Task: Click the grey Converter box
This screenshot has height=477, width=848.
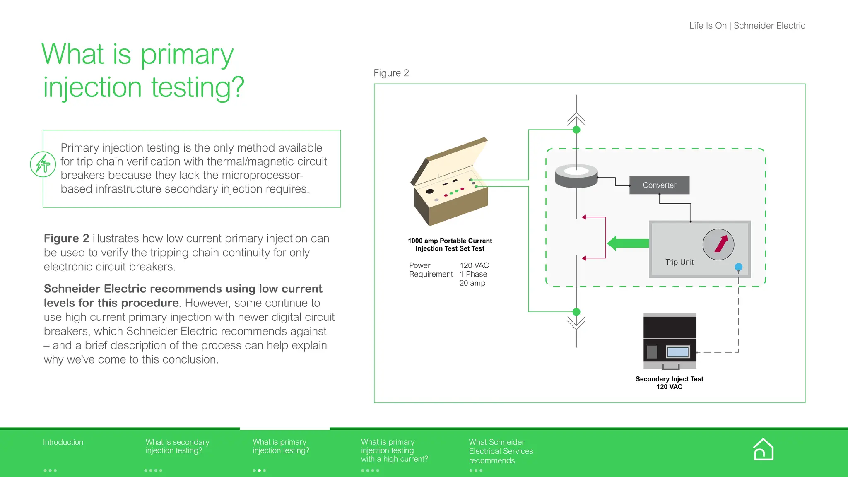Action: [659, 185]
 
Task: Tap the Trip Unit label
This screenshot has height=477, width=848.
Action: [679, 262]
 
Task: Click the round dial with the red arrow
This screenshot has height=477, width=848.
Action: [718, 244]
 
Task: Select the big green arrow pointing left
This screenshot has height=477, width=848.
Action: [628, 243]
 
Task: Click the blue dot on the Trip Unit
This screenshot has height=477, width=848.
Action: [738, 267]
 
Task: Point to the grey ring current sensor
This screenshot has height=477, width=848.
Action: [576, 176]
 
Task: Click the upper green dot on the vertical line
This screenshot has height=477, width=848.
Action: [576, 130]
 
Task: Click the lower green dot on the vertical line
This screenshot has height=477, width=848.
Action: [576, 312]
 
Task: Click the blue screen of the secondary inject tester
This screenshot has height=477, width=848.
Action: [677, 352]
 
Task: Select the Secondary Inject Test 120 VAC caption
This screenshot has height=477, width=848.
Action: [669, 383]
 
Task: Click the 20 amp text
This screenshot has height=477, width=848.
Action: [472, 283]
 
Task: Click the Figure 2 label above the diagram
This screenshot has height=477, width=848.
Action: [391, 73]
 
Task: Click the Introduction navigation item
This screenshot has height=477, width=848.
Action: [63, 442]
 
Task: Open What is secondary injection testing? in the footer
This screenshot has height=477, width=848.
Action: [177, 446]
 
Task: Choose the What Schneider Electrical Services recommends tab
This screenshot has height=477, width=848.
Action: [501, 451]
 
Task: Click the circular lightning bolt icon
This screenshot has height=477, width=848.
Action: [43, 164]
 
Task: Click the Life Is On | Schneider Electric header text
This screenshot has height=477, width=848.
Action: [747, 26]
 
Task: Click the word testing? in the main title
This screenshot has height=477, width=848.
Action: [198, 87]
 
